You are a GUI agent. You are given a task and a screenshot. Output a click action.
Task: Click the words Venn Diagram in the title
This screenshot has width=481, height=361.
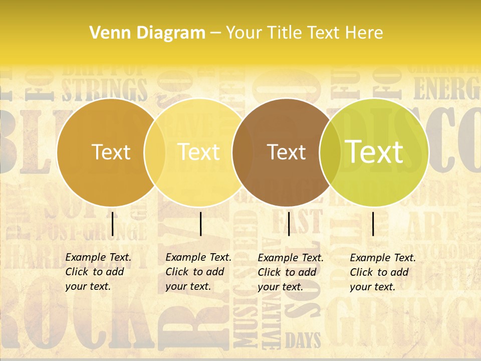tap(147, 33)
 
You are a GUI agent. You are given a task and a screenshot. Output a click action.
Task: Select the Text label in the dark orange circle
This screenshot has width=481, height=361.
tap(111, 152)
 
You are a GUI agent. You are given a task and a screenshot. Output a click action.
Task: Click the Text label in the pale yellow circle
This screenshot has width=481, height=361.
tap(198, 152)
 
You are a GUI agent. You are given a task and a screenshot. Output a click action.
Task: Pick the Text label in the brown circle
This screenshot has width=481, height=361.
tap(286, 152)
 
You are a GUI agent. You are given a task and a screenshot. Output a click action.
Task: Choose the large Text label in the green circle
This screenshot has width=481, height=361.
tap(374, 151)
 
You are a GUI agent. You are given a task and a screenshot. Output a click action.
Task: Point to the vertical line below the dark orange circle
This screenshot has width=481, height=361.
tap(112, 224)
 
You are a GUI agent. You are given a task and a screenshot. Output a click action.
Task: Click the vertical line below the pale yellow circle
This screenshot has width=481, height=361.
tap(200, 224)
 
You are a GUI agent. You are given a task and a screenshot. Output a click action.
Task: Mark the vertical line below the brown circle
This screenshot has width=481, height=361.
tap(289, 224)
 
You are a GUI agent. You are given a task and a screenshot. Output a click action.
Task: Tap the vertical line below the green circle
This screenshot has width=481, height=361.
tap(373, 224)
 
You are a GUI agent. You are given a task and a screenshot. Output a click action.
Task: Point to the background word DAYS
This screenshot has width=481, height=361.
tap(303, 341)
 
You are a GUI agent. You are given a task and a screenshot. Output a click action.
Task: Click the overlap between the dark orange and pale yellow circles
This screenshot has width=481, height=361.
tap(155, 152)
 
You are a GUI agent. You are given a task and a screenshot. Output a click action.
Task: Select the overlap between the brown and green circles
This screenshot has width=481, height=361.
tap(330, 152)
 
